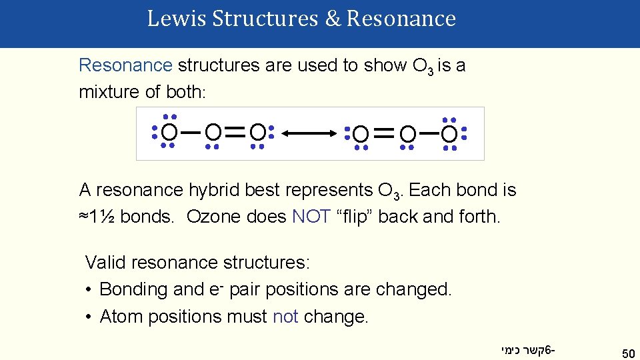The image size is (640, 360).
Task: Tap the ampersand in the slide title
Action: tap(333, 19)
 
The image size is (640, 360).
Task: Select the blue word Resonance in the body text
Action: tap(125, 65)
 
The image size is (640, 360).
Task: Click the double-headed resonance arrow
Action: tap(310, 134)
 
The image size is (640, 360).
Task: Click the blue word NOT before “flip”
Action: tap(311, 217)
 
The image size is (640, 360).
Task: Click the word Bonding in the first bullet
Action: tap(132, 289)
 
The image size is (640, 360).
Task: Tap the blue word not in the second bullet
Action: tap(285, 316)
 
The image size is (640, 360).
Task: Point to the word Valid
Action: tap(105, 263)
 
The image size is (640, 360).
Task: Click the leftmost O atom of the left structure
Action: tap(169, 132)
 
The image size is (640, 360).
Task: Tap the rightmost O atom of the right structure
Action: tap(450, 135)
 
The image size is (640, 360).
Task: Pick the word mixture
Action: tap(107, 92)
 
